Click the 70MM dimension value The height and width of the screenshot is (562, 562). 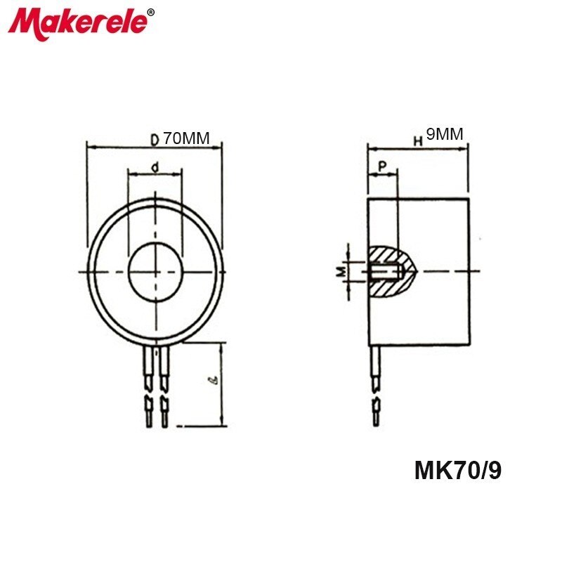pyautogui.click(x=186, y=138)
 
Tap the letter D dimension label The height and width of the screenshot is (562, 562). pyautogui.click(x=154, y=139)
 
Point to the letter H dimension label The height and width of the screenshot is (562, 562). pyautogui.click(x=417, y=140)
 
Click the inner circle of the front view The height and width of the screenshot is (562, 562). pyautogui.click(x=155, y=270)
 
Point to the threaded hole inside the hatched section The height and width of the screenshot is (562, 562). pyautogui.click(x=384, y=270)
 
